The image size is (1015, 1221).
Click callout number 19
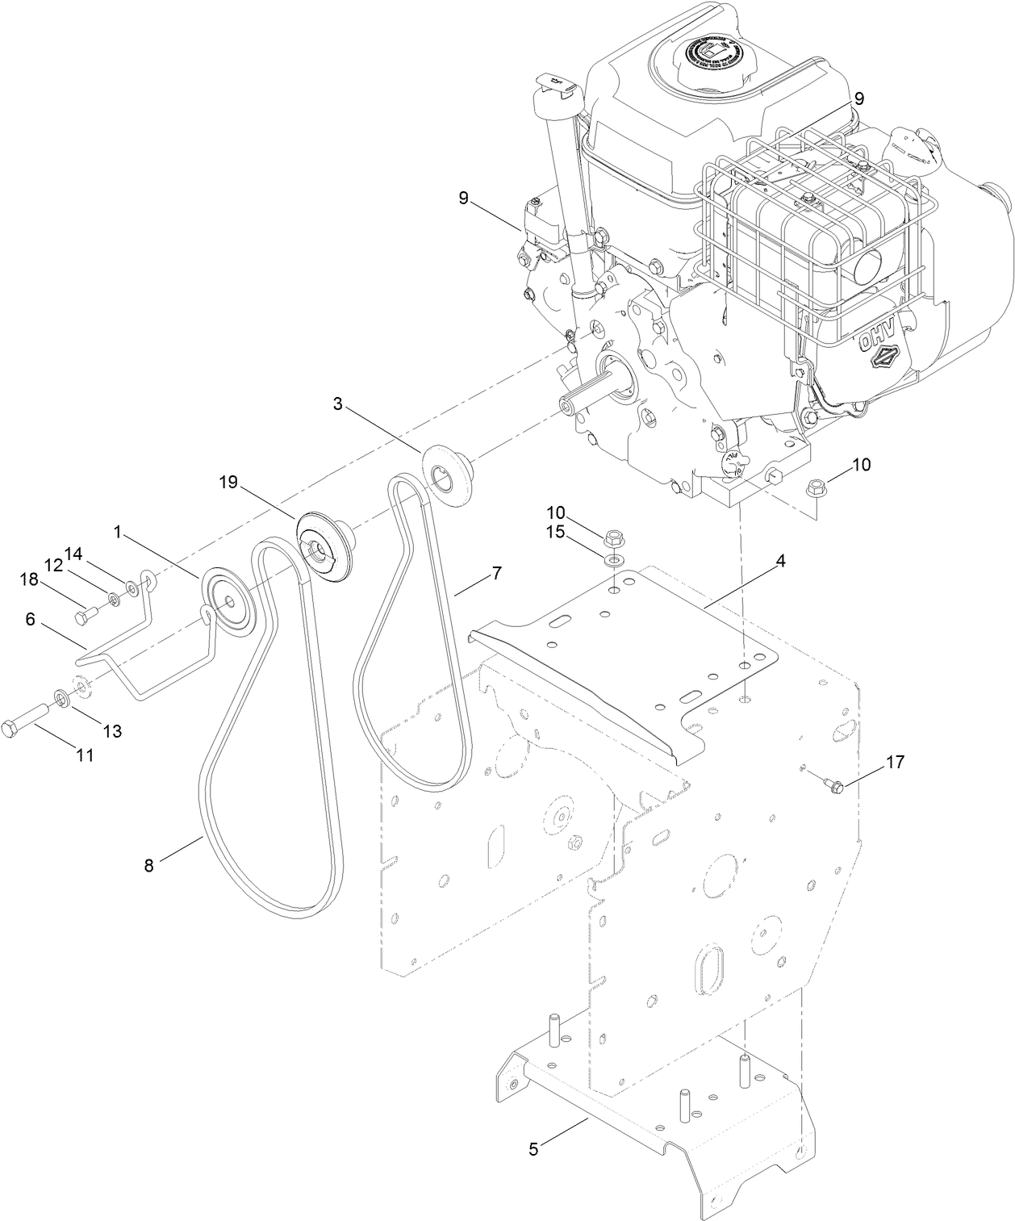[228, 483]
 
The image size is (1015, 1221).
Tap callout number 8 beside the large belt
[148, 865]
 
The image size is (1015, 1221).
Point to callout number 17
[895, 761]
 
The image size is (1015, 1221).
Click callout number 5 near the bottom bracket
[533, 1147]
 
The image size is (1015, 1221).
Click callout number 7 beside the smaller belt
[495, 574]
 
